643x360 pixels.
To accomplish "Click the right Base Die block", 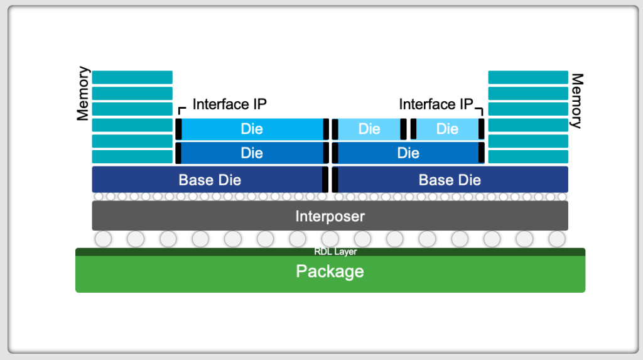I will coord(450,180).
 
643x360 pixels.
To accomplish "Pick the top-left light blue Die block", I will coord(252,129).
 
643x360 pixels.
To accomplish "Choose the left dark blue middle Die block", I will coord(252,153).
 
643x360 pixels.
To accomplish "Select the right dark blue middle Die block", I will coord(408,153).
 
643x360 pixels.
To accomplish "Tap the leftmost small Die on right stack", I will coord(369,129).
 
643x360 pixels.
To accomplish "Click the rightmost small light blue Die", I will coord(447,129).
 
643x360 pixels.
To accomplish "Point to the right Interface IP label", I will coord(436,104).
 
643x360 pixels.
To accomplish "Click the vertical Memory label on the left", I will coord(83,94).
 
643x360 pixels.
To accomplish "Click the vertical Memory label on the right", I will coord(576,101).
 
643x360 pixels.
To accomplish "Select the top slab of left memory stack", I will coord(132,77).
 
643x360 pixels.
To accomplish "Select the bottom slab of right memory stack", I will coord(528,156).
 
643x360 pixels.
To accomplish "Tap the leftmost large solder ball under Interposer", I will coord(102,239).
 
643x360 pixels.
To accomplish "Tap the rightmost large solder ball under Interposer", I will coord(557,239).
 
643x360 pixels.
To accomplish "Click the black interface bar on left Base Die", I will coord(325,180).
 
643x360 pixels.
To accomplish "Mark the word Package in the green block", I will coord(330,271).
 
